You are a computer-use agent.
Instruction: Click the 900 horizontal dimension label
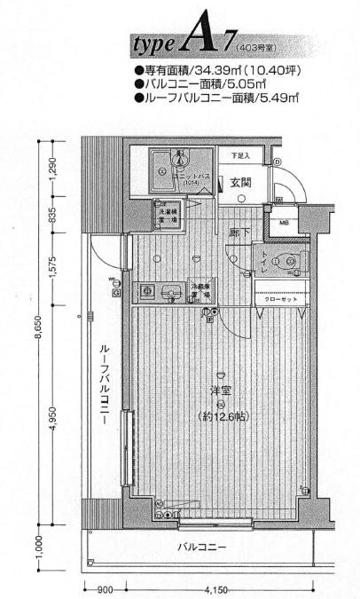pyautogui.click(x=105, y=588)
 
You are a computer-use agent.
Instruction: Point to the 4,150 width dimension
pyautogui.click(x=218, y=588)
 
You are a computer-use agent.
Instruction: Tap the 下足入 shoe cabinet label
pyautogui.click(x=240, y=156)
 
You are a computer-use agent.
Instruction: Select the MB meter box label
pyautogui.click(x=284, y=224)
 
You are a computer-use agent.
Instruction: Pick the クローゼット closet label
pyautogui.click(x=281, y=299)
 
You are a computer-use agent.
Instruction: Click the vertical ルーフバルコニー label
pyautogui.click(x=104, y=383)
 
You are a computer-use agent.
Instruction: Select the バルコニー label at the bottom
pyautogui.click(x=201, y=547)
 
